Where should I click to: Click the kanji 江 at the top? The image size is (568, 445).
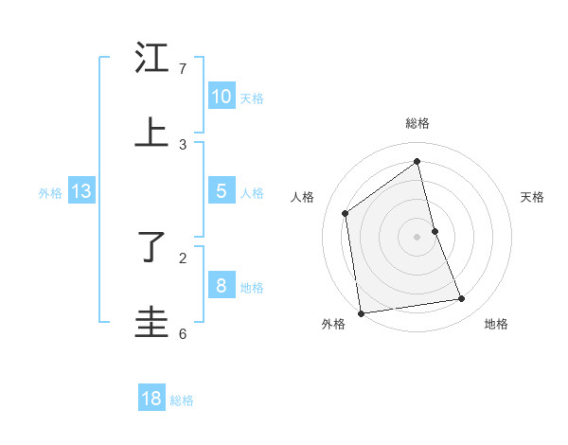pyautogui.click(x=151, y=58)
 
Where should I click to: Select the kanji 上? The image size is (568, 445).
pyautogui.click(x=151, y=133)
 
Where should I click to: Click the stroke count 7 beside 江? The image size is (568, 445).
pyautogui.click(x=183, y=69)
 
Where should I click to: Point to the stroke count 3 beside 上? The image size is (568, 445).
pyautogui.click(x=183, y=144)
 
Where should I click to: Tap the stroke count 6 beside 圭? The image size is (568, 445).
pyautogui.click(x=183, y=333)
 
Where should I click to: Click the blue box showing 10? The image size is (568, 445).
pyautogui.click(x=222, y=97)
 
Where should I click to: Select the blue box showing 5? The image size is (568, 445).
pyautogui.click(x=222, y=191)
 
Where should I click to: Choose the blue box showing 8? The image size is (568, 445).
pyautogui.click(x=222, y=286)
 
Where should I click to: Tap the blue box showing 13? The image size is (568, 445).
pyautogui.click(x=81, y=191)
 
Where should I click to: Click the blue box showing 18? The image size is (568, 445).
pyautogui.click(x=151, y=399)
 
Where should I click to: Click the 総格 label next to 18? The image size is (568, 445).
pyautogui.click(x=182, y=400)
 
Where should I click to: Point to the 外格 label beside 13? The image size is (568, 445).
pyautogui.click(x=50, y=193)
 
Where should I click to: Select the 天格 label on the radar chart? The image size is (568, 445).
pyautogui.click(x=532, y=197)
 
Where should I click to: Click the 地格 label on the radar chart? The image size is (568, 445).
pyautogui.click(x=496, y=324)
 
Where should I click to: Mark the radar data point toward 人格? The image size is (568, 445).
pyautogui.click(x=346, y=213)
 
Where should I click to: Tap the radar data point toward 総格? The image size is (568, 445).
pyautogui.click(x=417, y=162)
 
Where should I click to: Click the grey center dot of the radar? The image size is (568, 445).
pyautogui.click(x=417, y=236)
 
